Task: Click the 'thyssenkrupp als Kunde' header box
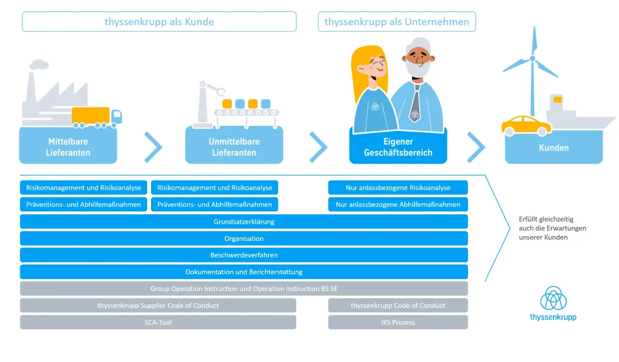click(x=159, y=22)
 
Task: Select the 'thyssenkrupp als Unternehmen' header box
click(x=397, y=22)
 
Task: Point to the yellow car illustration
click(x=526, y=125)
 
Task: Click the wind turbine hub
click(x=532, y=58)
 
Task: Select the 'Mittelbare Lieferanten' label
click(x=68, y=147)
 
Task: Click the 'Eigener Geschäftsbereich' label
click(x=398, y=147)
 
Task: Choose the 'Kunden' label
click(x=553, y=148)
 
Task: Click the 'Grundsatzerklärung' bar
click(x=244, y=222)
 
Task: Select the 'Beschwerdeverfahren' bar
click(x=244, y=255)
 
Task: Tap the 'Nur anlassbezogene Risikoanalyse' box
click(x=398, y=188)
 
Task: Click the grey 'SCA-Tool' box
click(x=158, y=322)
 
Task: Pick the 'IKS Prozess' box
click(x=398, y=322)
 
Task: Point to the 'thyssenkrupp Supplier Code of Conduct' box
click(x=158, y=306)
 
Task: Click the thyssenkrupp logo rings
click(x=553, y=298)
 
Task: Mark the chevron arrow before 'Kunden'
click(x=476, y=147)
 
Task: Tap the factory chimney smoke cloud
click(x=39, y=64)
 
